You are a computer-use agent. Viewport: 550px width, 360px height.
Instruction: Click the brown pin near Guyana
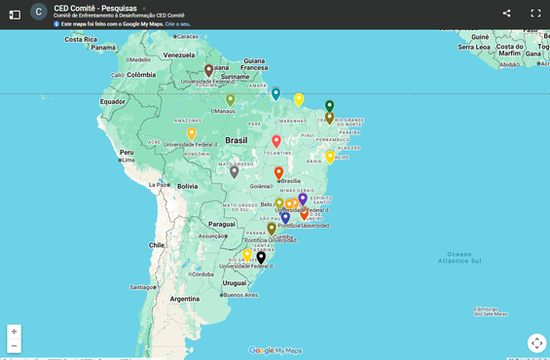click(x=208, y=70)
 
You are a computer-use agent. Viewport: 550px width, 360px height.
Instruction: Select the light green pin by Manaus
click(x=231, y=99)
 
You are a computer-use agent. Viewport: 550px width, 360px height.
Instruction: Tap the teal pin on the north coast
click(x=275, y=93)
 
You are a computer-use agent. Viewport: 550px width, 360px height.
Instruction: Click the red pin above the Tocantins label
click(x=276, y=141)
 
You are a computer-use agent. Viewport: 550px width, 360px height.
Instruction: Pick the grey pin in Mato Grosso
click(x=235, y=171)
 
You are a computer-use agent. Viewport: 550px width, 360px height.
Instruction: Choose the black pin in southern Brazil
click(x=261, y=258)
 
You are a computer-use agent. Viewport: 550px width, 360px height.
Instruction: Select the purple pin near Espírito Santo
click(x=303, y=198)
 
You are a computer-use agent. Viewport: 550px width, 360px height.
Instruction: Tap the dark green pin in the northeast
click(x=329, y=106)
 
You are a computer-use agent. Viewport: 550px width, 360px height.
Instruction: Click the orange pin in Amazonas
click(x=192, y=133)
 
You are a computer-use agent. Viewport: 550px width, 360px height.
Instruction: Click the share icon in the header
click(x=506, y=14)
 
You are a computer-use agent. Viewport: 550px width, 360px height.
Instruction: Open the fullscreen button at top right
click(x=535, y=14)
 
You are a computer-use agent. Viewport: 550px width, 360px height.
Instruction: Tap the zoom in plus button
click(x=14, y=331)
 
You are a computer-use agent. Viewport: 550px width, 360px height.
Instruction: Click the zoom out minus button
click(x=14, y=345)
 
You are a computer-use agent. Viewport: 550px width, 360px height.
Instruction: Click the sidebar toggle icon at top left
click(x=15, y=14)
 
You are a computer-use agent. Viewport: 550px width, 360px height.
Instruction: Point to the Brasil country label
click(x=236, y=140)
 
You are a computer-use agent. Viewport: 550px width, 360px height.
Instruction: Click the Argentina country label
click(x=184, y=299)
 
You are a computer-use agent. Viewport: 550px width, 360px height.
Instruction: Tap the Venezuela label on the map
click(x=179, y=55)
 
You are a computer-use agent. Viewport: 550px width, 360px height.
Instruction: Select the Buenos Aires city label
click(x=239, y=294)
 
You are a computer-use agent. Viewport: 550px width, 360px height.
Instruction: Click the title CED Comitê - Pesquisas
click(x=95, y=8)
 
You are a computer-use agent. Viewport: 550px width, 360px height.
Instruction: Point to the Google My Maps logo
click(x=275, y=350)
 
